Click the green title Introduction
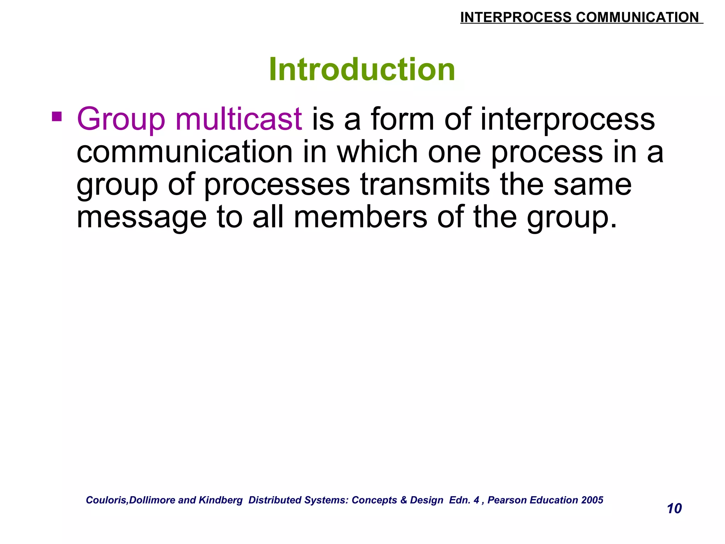[x=362, y=69]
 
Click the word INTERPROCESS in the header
[x=515, y=17]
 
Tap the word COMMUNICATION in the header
[x=637, y=17]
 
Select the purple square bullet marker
[x=57, y=117]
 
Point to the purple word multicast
[x=239, y=119]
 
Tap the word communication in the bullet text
[x=184, y=152]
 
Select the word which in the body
[x=377, y=152]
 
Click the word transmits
[x=425, y=185]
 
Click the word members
[x=360, y=217]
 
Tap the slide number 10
[x=674, y=509]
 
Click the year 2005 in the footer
[x=592, y=500]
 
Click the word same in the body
[x=592, y=185]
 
